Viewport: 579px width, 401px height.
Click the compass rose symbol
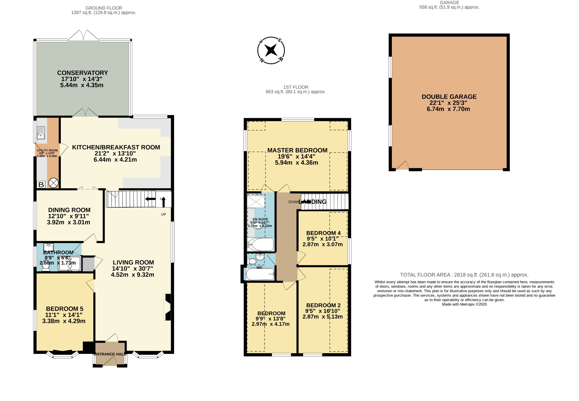pyautogui.click(x=271, y=50)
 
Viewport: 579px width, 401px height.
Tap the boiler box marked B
pyautogui.click(x=41, y=185)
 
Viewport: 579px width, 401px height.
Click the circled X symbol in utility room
pyautogui.click(x=53, y=183)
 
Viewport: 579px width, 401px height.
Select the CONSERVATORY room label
pyautogui.click(x=82, y=73)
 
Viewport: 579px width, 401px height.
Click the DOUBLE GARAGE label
pyautogui.click(x=449, y=97)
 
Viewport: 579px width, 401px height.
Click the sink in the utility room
pyautogui.click(x=41, y=133)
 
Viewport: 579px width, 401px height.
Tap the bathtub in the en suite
pyautogui.click(x=261, y=244)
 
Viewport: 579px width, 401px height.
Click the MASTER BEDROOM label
pyautogui.click(x=297, y=150)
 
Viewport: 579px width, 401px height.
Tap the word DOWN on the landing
pyautogui.click(x=293, y=202)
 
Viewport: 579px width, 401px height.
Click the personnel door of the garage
pyautogui.click(x=402, y=166)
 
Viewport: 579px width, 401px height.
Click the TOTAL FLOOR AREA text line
pyautogui.click(x=464, y=275)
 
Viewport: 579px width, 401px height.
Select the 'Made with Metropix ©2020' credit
pyautogui.click(x=464, y=304)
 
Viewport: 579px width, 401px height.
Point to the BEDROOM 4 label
pyautogui.click(x=323, y=233)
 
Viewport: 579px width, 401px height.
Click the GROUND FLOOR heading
pyautogui.click(x=104, y=8)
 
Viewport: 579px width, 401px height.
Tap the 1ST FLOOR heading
pyautogui.click(x=296, y=87)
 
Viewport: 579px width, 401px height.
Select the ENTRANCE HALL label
pyautogui.click(x=110, y=354)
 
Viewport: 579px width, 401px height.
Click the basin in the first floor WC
pyautogui.click(x=260, y=257)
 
